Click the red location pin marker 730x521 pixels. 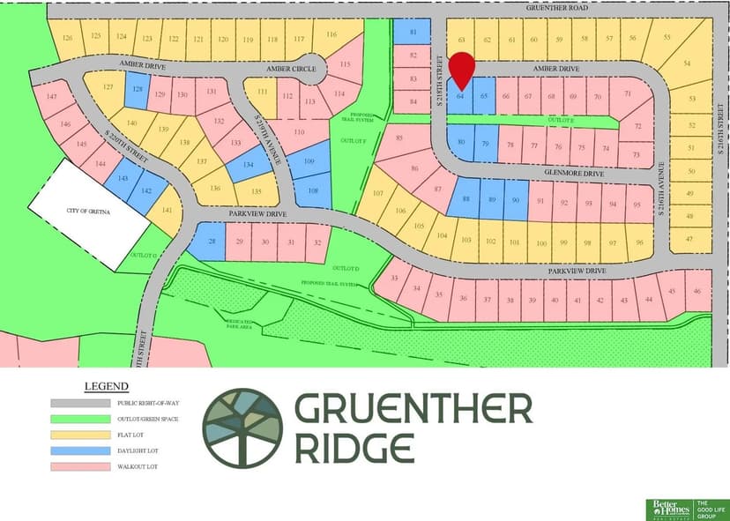click(461, 68)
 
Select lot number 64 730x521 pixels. click(460, 97)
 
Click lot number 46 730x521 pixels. click(697, 292)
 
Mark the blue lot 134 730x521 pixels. click(248, 163)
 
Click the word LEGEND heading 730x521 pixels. click(106, 386)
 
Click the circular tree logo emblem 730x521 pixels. click(242, 428)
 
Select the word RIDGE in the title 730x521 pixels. click(354, 447)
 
